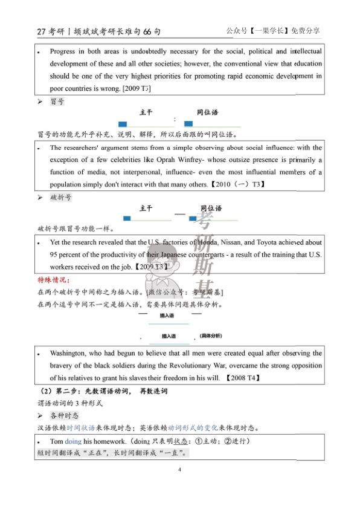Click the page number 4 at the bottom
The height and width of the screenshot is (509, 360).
point(180,469)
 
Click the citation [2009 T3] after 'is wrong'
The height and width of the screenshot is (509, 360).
point(137,88)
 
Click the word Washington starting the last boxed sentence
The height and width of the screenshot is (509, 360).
point(70,353)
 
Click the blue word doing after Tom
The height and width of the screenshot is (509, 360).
point(73,441)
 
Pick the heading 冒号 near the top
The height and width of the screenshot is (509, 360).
point(57,102)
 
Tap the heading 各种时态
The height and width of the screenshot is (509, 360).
point(65,415)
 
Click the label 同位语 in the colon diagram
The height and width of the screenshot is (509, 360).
point(207,112)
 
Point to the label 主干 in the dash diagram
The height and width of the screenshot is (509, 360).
point(146,209)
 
